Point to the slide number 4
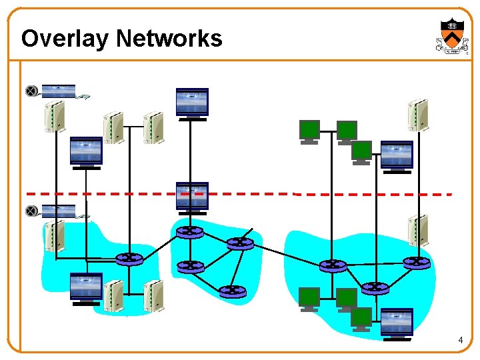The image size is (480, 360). coord(460,341)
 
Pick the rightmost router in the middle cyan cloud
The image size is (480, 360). coord(240,243)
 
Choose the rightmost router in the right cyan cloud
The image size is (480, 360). coord(417,263)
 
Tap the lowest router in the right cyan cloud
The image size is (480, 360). coord(375,288)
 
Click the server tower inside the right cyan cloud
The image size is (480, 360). coord(418,231)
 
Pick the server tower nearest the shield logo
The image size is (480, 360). coord(418,115)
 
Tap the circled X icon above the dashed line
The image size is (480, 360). coord(31,91)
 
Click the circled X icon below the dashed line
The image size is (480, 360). coord(31,211)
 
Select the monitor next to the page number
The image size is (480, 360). coord(397,323)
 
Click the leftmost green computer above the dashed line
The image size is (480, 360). coord(309,131)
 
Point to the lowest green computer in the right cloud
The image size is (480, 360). coord(361,317)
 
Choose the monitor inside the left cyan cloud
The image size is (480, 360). coord(86,288)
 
